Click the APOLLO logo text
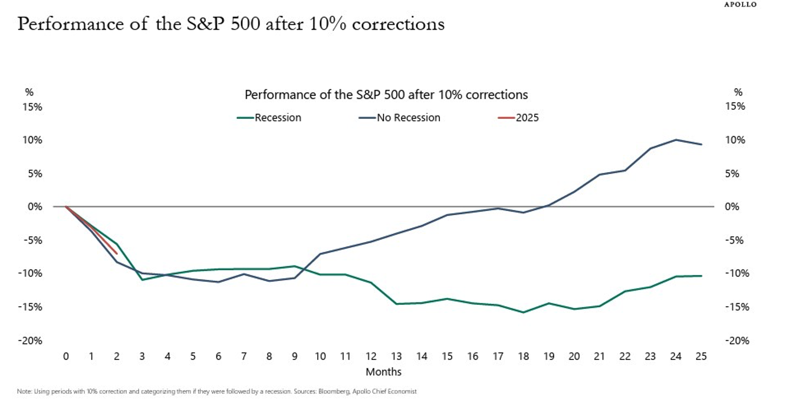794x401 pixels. pyautogui.click(x=740, y=5)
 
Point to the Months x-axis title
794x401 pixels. pyautogui.click(x=383, y=372)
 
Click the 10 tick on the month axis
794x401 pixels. pyautogui.click(x=320, y=356)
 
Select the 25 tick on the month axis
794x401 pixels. pyautogui.click(x=701, y=356)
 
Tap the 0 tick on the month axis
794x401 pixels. pyautogui.click(x=66, y=356)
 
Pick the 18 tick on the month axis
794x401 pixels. pyautogui.click(x=523, y=356)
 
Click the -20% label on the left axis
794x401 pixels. pyautogui.click(x=30, y=341)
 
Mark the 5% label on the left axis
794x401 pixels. pyautogui.click(x=34, y=174)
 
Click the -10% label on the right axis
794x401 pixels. pyautogui.click(x=737, y=273)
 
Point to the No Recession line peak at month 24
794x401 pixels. pyautogui.click(x=676, y=140)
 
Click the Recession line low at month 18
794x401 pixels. pyautogui.click(x=523, y=312)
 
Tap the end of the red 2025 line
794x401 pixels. pyautogui.click(x=117, y=253)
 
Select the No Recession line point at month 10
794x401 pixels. pyautogui.click(x=320, y=254)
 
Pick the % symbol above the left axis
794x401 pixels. pyautogui.click(x=29, y=92)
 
